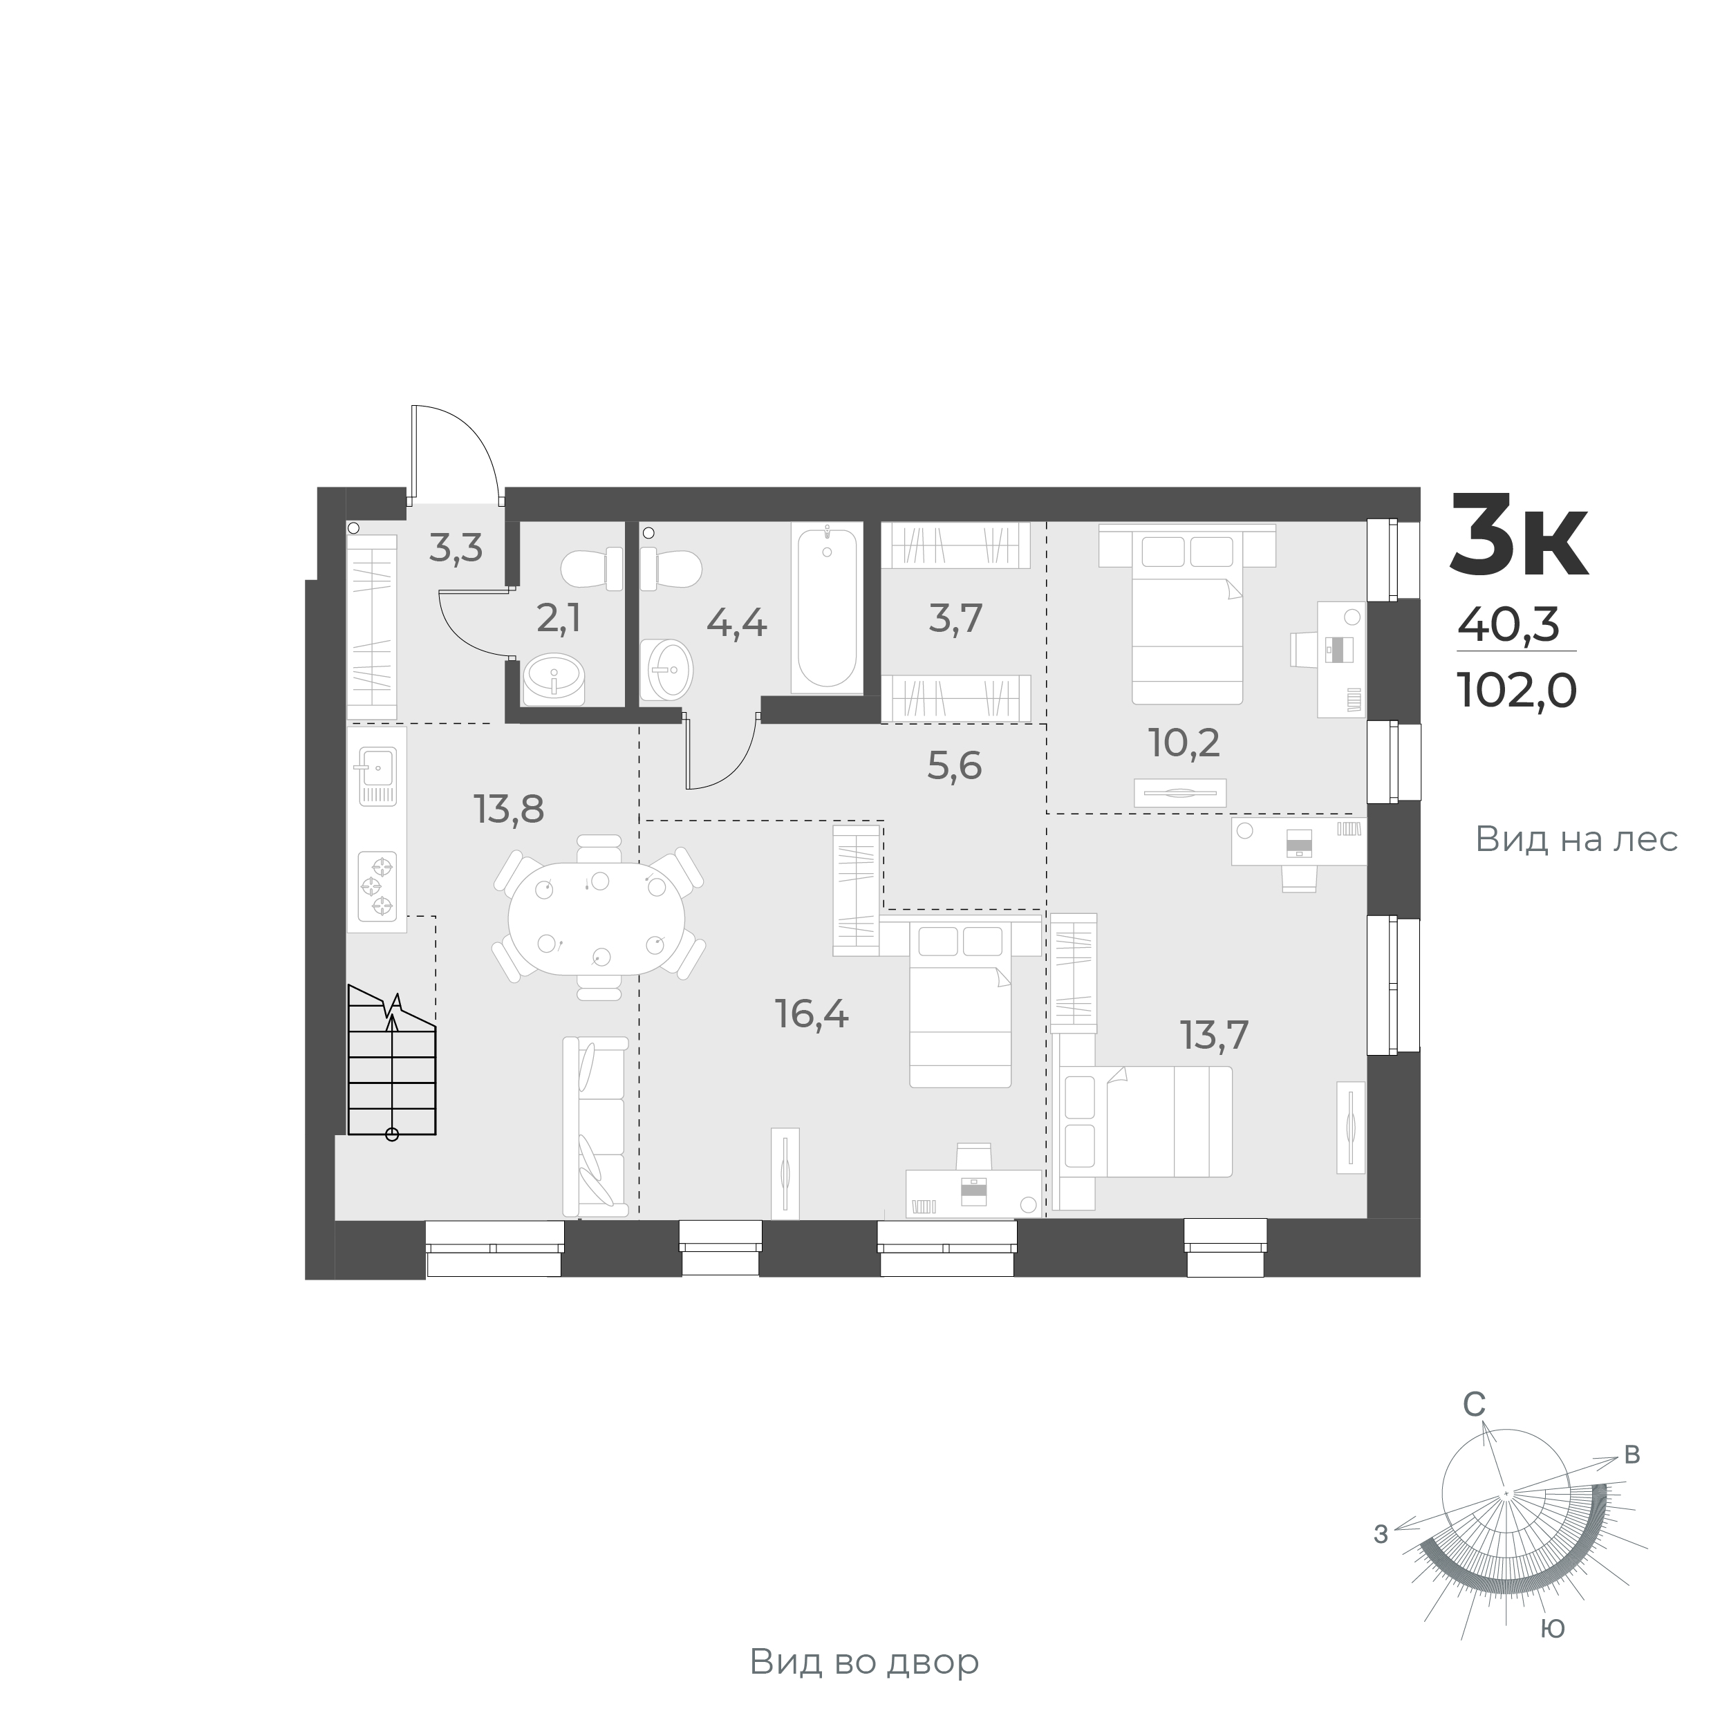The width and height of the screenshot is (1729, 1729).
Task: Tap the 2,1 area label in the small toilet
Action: pos(559,617)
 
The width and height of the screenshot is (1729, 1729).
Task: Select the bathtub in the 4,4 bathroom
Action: pos(827,608)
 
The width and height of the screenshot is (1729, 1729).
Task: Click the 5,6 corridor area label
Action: pos(954,766)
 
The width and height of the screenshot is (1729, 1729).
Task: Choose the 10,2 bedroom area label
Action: pos(1184,742)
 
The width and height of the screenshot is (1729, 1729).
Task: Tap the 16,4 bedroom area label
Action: pos(812,1015)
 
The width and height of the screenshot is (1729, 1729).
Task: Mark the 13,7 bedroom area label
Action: pos(1215,1036)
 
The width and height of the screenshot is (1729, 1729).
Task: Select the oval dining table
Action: pos(596,918)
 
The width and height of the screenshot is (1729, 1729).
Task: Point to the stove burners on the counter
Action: pos(377,885)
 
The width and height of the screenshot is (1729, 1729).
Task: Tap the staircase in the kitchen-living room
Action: pos(392,1061)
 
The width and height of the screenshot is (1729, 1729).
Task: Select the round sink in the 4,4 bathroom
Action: pos(666,669)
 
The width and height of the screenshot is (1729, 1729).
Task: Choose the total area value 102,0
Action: pos(1517,690)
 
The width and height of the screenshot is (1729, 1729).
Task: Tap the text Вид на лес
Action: pos(1576,839)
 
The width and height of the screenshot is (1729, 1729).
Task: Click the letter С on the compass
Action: pos(1474,1429)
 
